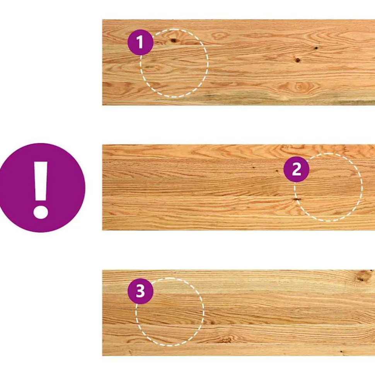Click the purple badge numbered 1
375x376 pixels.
click(x=140, y=43)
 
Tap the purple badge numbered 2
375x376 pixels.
click(x=296, y=169)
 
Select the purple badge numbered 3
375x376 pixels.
click(x=140, y=291)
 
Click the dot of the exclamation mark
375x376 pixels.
click(x=41, y=212)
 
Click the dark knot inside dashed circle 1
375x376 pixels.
click(x=173, y=40)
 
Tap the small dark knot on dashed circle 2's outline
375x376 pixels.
click(x=297, y=199)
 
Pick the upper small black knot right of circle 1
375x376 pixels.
click(x=316, y=48)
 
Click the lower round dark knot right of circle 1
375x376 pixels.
click(x=298, y=60)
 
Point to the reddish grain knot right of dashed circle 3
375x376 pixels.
click(x=225, y=339)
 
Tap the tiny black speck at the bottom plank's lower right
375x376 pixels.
click(x=341, y=352)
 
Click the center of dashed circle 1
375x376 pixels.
click(x=174, y=63)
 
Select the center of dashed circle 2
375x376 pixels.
click(x=328, y=187)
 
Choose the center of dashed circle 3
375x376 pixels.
click(x=170, y=312)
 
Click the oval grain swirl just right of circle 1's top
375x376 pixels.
click(x=218, y=36)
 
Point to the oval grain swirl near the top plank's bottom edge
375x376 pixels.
click(x=299, y=86)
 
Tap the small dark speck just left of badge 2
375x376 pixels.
click(x=277, y=171)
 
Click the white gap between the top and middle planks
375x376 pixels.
click(x=239, y=125)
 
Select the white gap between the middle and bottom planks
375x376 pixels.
click(x=239, y=250)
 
